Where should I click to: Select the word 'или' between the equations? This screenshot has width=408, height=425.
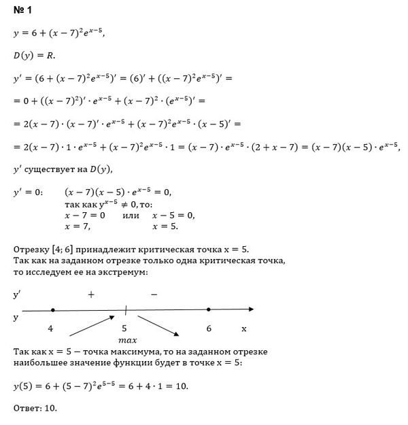click(130, 215)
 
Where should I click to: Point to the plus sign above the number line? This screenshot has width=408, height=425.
click(90, 295)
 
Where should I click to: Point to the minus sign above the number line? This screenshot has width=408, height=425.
click(154, 295)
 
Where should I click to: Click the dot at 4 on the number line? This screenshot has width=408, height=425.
click(53, 309)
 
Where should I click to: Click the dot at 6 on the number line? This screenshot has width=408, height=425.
click(209, 309)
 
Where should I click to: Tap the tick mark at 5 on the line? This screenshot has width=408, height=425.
click(126, 310)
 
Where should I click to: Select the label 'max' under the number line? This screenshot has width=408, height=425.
click(128, 339)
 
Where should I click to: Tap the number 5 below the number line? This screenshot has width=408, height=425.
click(126, 328)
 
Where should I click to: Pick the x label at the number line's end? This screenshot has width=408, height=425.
click(243, 328)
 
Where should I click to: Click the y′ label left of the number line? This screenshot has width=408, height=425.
click(18, 295)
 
